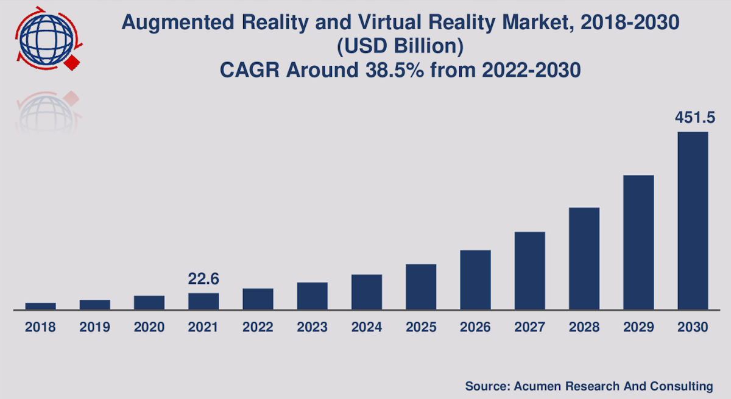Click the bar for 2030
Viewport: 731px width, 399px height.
click(x=693, y=221)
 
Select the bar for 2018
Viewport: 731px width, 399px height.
click(x=40, y=306)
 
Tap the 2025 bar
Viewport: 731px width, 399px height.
click(x=421, y=287)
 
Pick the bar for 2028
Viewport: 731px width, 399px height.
click(x=584, y=258)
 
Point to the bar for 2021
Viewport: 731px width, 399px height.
click(x=203, y=301)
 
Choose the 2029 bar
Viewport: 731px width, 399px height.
click(x=638, y=242)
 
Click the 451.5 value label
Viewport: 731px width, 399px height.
click(x=693, y=118)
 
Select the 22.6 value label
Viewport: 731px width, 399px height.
click(x=203, y=280)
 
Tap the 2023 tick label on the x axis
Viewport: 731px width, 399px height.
click(x=313, y=327)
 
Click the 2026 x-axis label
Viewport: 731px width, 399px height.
click(x=476, y=327)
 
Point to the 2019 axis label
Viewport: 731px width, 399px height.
click(x=94, y=327)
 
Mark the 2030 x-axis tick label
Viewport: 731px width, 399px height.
click(x=693, y=327)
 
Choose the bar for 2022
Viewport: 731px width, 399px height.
click(x=258, y=298)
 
